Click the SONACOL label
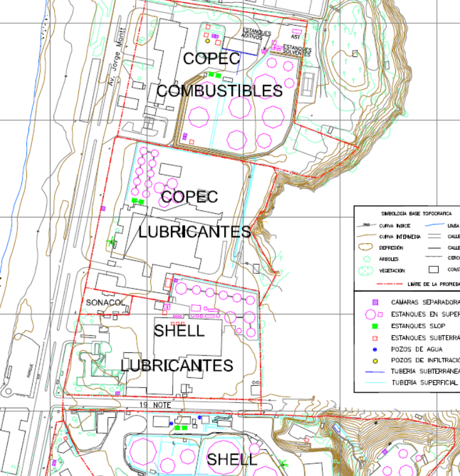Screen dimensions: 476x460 pos(106,302)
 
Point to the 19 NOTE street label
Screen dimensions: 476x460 pos(156,405)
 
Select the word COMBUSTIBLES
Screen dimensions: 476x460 pos(219,91)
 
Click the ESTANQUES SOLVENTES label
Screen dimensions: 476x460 pos(296,50)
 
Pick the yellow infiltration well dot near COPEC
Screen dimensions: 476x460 pos(207,41)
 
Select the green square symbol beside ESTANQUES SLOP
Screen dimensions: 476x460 pos(373,326)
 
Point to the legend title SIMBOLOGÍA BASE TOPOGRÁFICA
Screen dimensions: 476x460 pos(408,213)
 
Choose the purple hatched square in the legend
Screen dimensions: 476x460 pos(373,302)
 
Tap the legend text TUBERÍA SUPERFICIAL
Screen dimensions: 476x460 pos(424,383)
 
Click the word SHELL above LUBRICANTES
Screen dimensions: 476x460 pos(179,331)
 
